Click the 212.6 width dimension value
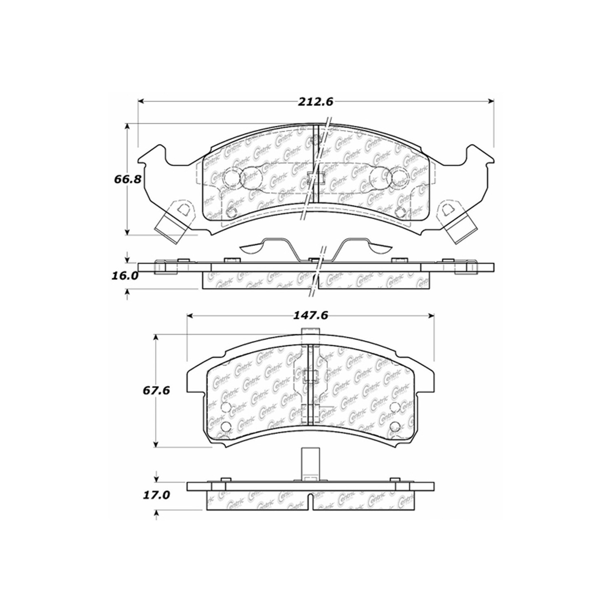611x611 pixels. tap(316, 101)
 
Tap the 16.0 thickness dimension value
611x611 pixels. tap(125, 275)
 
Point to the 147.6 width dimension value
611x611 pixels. tap(311, 316)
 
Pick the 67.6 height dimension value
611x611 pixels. tap(156, 391)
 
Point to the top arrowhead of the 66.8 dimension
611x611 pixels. tap(128, 127)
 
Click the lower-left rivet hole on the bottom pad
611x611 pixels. tap(225, 426)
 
